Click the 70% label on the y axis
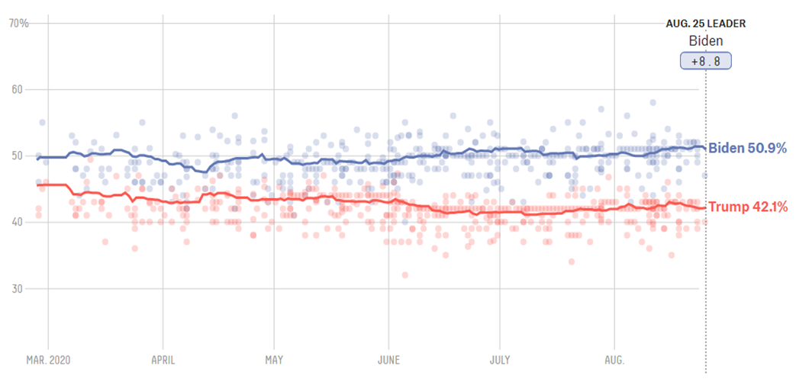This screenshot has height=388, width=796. click(18, 24)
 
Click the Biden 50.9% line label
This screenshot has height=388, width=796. click(747, 148)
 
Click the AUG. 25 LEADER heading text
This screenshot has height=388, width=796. click(706, 24)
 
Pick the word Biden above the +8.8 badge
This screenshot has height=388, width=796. click(706, 41)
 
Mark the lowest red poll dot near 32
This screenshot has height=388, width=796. click(404, 275)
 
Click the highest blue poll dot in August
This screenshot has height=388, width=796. click(653, 102)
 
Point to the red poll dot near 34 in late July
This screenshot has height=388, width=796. click(571, 261)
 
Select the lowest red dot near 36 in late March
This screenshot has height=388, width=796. click(134, 249)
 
